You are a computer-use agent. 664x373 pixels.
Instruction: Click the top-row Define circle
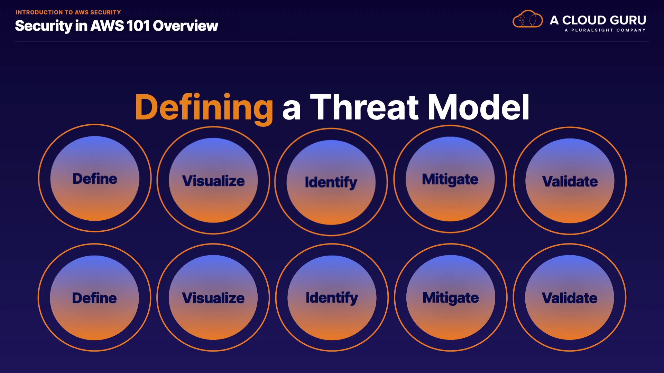pos(95,178)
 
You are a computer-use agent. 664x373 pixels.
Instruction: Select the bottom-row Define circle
pos(94,298)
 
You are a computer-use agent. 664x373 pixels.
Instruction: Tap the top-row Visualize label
pos(213,181)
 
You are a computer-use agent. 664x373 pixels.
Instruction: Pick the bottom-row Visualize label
pos(213,298)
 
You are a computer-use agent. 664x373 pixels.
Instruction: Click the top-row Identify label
pos(331,182)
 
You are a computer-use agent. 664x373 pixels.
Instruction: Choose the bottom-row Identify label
pos(332,298)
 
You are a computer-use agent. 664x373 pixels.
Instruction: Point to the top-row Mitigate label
pos(450,180)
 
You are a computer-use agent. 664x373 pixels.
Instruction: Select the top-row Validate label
pos(570,181)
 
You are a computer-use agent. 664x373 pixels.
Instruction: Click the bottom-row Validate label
pos(570,298)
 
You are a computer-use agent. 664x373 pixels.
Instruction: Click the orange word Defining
pos(204,108)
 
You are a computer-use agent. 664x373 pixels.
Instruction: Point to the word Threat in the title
pos(365,107)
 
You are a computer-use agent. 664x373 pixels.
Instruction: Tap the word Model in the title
pos(479,107)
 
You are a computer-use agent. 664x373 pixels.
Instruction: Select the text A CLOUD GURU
pos(598,20)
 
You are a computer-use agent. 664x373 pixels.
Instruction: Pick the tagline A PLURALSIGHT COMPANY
pos(605,30)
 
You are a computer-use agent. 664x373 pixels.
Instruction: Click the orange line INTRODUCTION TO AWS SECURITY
pos(68,12)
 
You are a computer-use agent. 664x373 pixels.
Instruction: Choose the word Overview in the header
pos(185,26)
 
